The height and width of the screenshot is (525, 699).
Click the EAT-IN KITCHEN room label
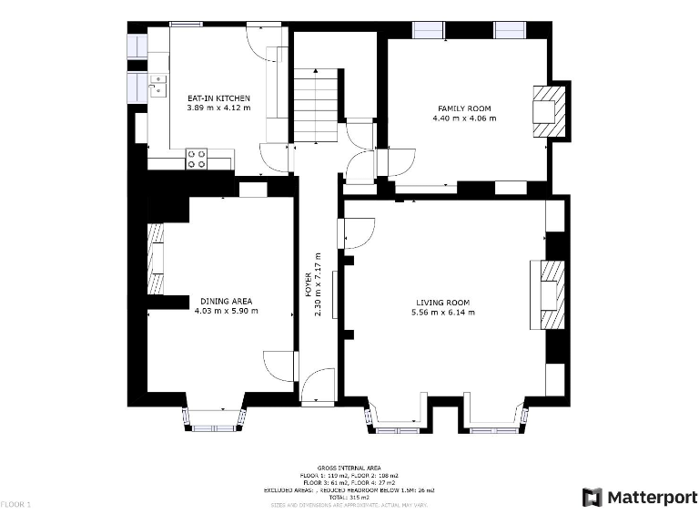pyautogui.click(x=218, y=98)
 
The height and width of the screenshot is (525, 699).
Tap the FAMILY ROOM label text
pyautogui.click(x=464, y=108)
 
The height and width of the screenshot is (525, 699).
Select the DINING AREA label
pyautogui.click(x=226, y=301)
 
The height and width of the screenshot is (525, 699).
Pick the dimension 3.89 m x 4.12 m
pyautogui.click(x=218, y=108)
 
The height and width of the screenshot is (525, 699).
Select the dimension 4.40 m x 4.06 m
pyautogui.click(x=464, y=118)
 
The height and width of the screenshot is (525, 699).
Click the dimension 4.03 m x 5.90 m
pyautogui.click(x=226, y=311)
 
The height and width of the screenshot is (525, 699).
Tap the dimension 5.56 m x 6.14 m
pyautogui.click(x=443, y=313)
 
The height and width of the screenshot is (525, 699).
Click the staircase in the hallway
pyautogui.click(x=315, y=105)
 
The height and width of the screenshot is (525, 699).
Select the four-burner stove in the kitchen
pyautogui.click(x=197, y=159)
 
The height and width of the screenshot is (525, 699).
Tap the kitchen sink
pyautogui.click(x=158, y=86)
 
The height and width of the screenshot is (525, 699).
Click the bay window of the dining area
pyautogui.click(x=215, y=419)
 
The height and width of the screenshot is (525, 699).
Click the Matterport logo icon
pyautogui.click(x=592, y=497)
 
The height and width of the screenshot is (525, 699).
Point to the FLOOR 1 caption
pyautogui.click(x=15, y=504)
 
